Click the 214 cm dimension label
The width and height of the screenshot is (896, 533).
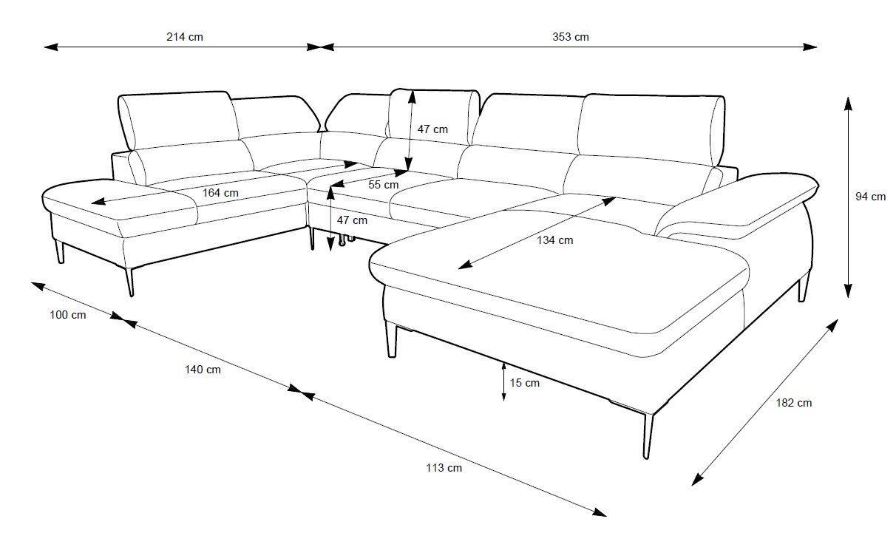[x=185, y=36]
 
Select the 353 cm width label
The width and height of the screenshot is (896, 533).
[x=571, y=36]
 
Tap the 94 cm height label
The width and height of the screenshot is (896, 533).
[x=870, y=197]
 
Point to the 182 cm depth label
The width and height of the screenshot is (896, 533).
[x=794, y=403]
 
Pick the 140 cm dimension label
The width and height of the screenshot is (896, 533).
[x=203, y=370]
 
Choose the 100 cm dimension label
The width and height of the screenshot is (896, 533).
[x=68, y=315]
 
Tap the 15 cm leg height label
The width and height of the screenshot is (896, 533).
[x=525, y=383]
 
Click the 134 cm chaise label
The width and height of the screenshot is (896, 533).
[x=554, y=240]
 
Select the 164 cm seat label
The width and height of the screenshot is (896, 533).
[x=221, y=193]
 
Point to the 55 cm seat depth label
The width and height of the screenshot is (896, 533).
[x=384, y=185]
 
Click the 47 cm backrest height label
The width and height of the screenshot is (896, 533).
[x=432, y=129]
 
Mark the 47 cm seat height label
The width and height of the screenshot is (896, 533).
[x=352, y=220]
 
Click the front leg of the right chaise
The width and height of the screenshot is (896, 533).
[x=648, y=436]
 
